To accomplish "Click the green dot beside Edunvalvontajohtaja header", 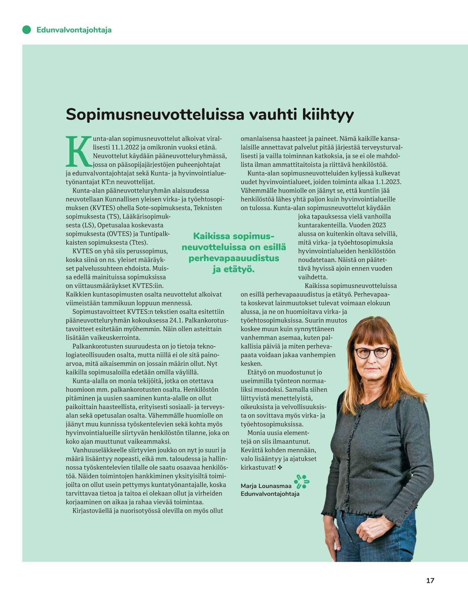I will coord(27,30).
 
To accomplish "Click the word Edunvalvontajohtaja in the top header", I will coord(74,30).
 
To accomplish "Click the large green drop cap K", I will coord(78,151).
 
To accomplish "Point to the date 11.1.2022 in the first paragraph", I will coord(126,147).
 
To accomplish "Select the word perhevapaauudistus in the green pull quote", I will coord(234,258).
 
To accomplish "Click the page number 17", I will coord(430,580).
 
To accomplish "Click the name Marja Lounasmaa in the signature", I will coord(266,486).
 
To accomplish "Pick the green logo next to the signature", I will coord(302,482).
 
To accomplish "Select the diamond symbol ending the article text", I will coord(280,467).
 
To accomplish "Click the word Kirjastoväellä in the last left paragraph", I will coord(92,511).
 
